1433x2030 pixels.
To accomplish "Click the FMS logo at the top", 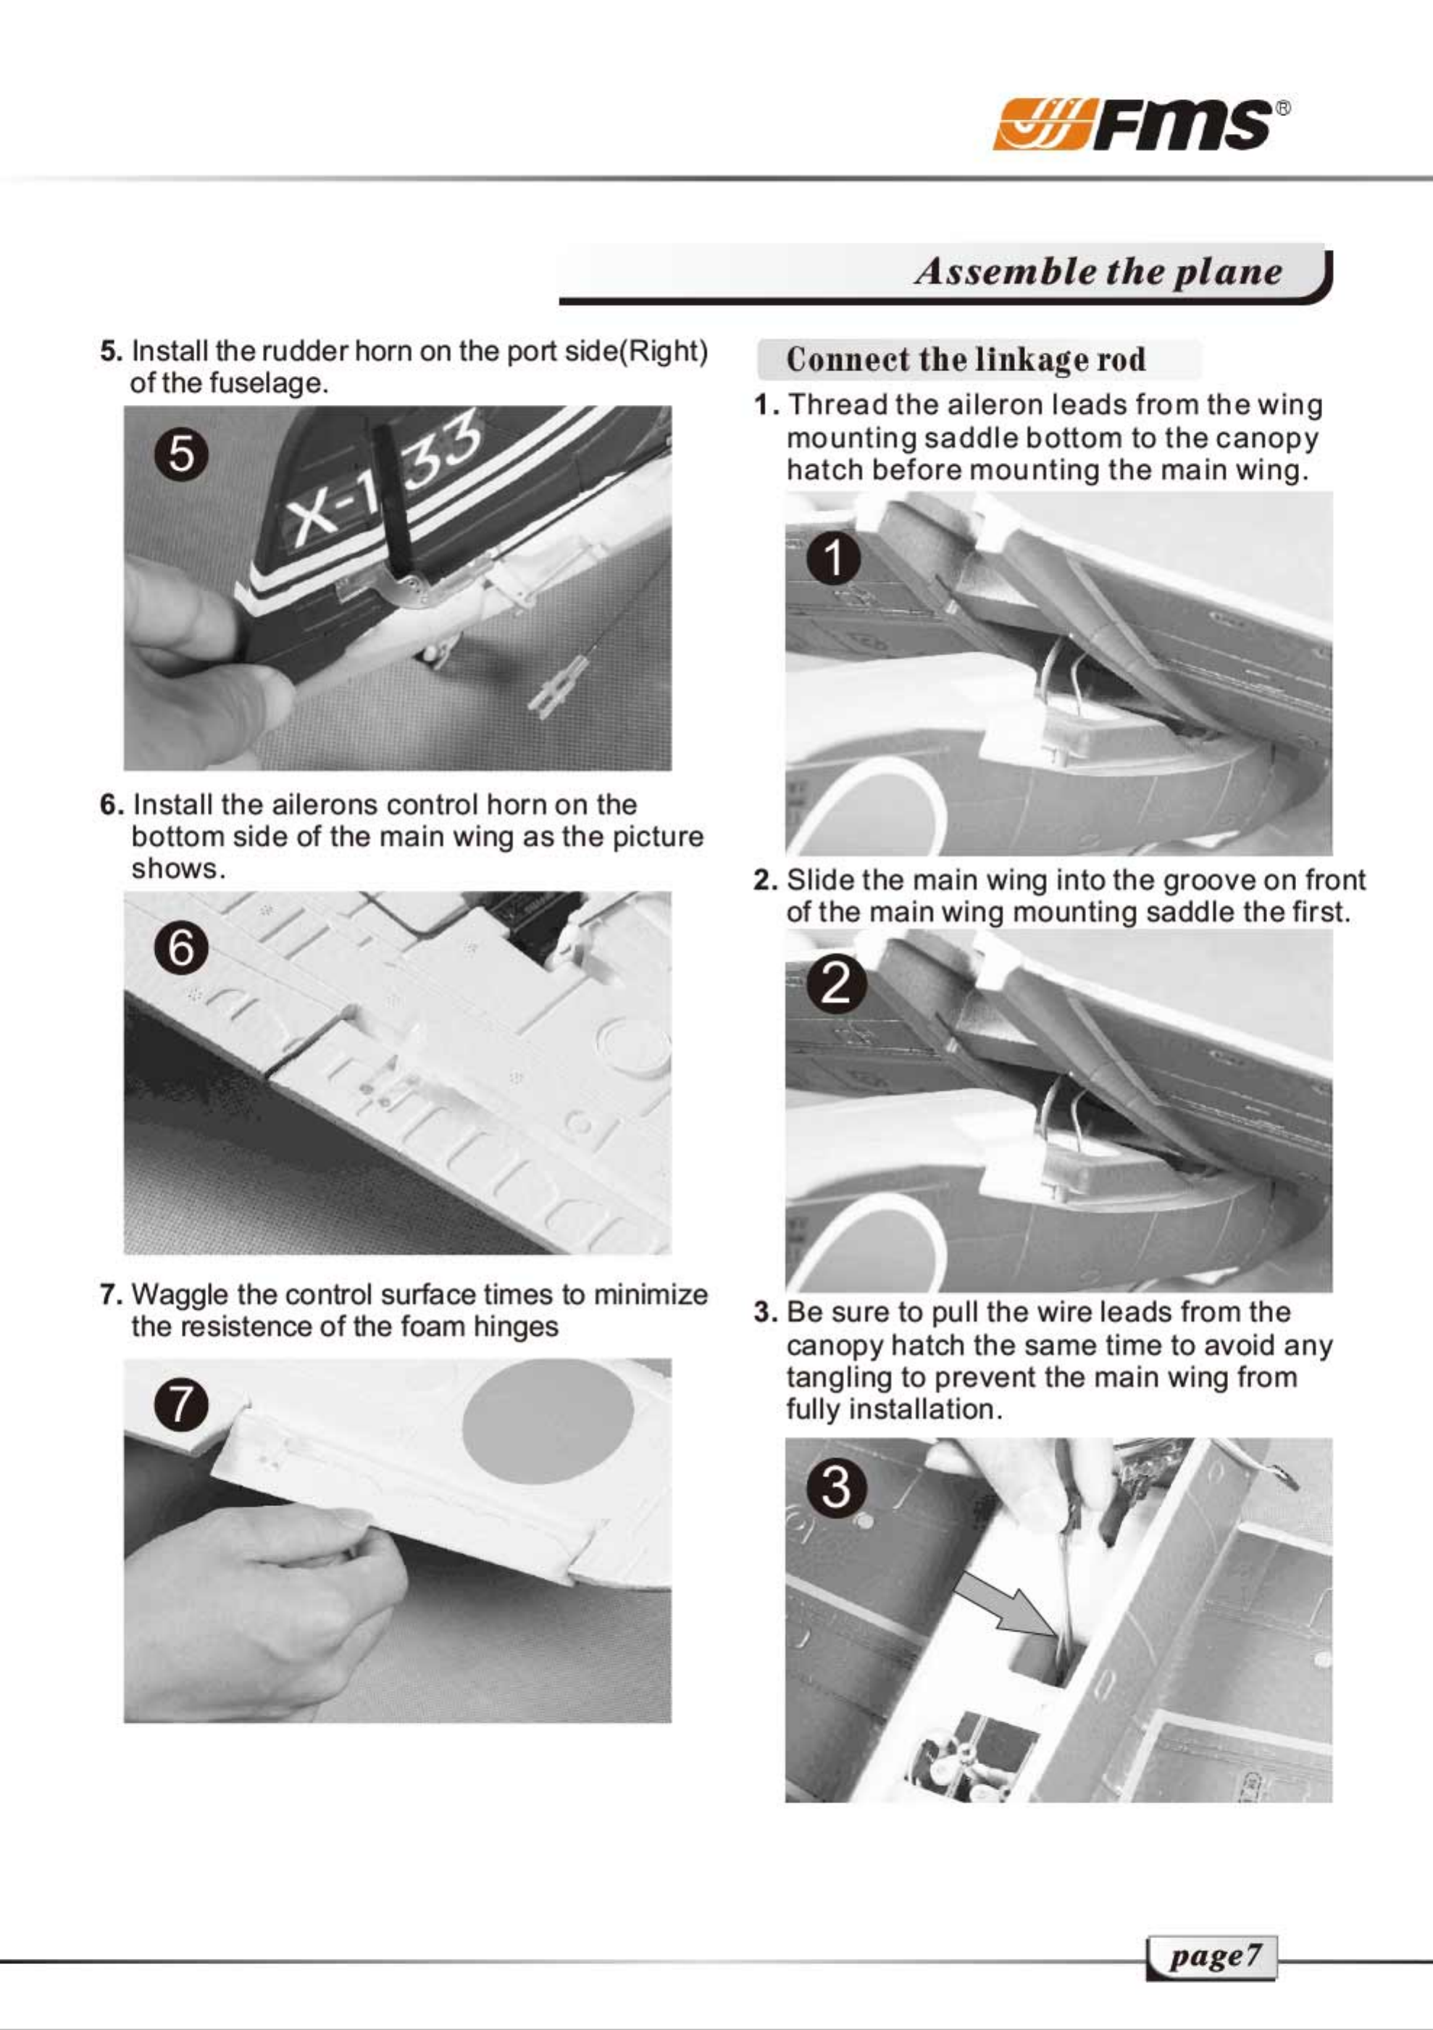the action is (1140, 124).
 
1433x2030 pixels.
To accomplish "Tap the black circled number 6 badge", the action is (181, 950).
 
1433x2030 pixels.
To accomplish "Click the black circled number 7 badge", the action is (181, 1405).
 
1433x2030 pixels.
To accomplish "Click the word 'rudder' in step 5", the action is (296, 351).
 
